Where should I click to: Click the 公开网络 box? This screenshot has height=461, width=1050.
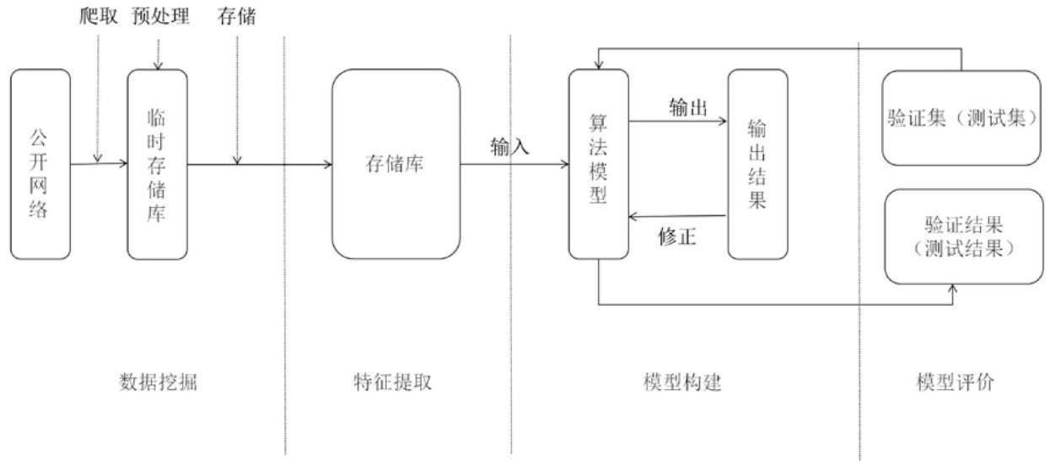pyautogui.click(x=40, y=165)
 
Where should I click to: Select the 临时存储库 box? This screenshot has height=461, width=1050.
pyautogui.click(x=156, y=165)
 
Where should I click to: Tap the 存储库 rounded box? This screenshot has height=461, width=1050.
pyautogui.click(x=396, y=165)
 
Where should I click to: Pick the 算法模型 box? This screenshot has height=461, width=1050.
pyautogui.click(x=598, y=165)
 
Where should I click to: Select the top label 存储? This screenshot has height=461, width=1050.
pyautogui.click(x=237, y=16)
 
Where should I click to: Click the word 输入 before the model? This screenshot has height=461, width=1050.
pyautogui.click(x=509, y=147)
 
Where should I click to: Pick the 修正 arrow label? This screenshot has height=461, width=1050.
pyautogui.click(x=677, y=237)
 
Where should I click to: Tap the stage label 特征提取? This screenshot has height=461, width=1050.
pyautogui.click(x=393, y=382)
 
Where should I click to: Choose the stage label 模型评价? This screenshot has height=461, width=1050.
pyautogui.click(x=955, y=382)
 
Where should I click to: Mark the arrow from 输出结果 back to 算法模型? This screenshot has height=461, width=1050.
pyautogui.click(x=677, y=217)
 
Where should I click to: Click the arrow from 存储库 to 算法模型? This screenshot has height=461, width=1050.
pyautogui.click(x=514, y=165)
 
